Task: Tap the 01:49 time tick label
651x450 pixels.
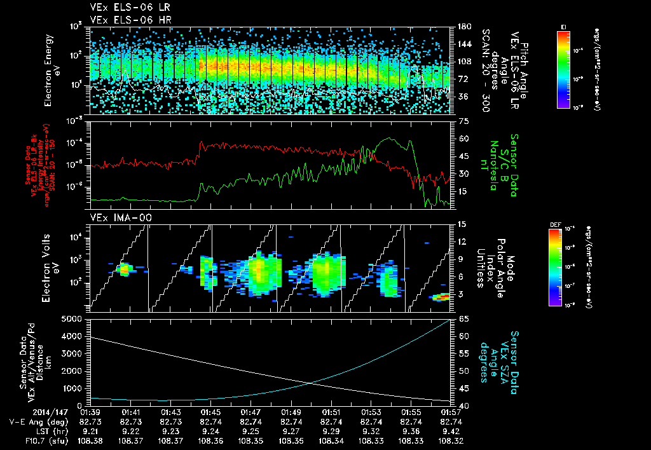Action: [291, 412]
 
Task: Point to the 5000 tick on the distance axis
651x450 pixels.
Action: [75, 318]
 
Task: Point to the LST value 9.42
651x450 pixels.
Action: [451, 431]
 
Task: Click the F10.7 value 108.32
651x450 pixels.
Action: [451, 440]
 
